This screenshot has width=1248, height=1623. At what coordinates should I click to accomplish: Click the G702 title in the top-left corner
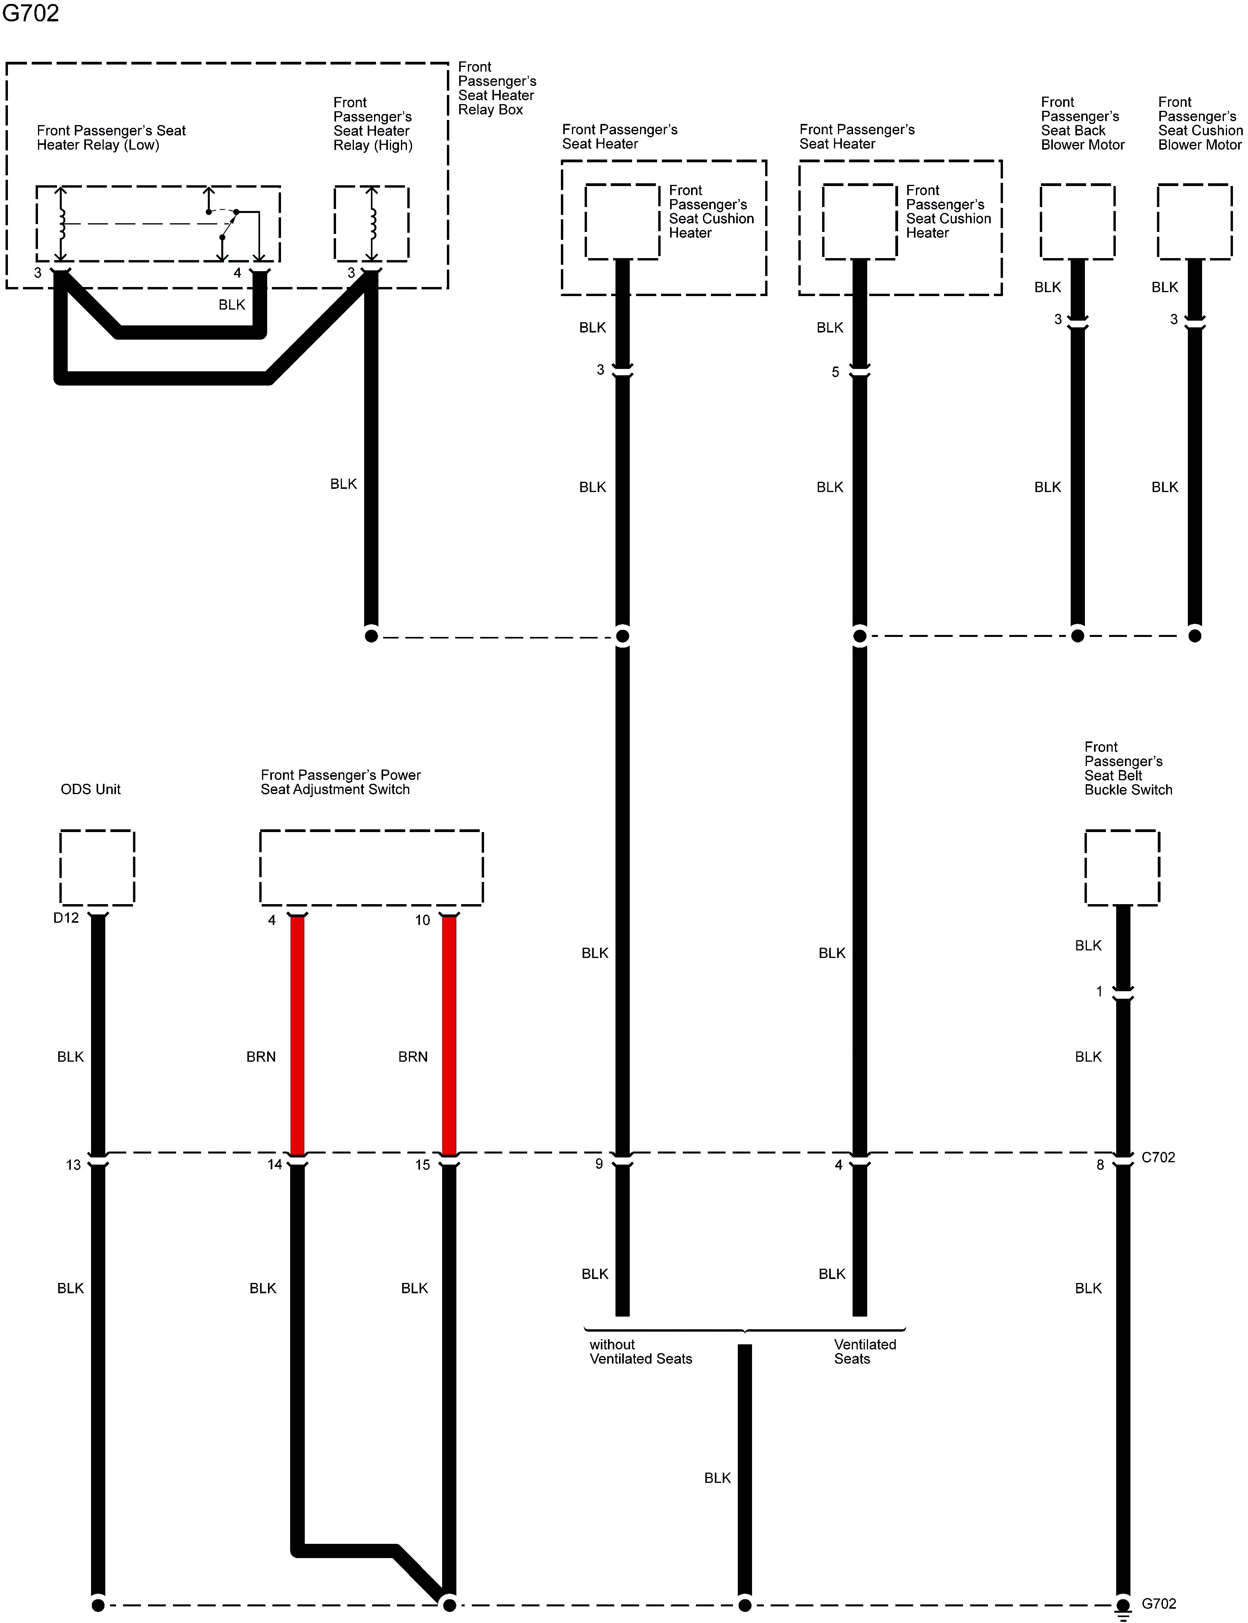point(30,13)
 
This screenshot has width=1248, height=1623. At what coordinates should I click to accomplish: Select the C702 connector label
point(1158,1157)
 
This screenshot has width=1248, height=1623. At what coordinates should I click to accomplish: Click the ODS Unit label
point(91,789)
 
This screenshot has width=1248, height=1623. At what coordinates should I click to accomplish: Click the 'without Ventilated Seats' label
point(640,1351)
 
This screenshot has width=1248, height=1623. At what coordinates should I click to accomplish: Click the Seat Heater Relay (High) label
point(373,123)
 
